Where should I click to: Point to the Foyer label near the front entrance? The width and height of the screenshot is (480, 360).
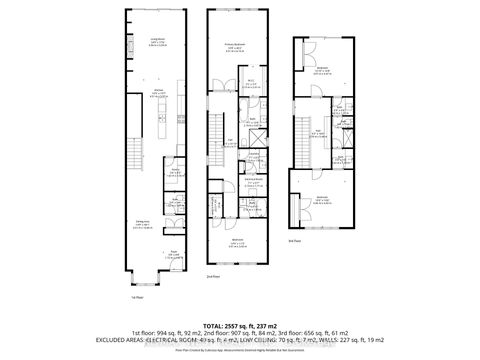pyautogui.click(x=172, y=251)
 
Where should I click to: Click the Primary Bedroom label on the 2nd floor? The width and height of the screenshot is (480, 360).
pyautogui.click(x=234, y=45)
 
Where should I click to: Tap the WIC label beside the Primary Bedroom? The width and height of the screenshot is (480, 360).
pyautogui.click(x=254, y=83)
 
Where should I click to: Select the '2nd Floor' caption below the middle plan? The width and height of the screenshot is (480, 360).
pyautogui.click(x=212, y=276)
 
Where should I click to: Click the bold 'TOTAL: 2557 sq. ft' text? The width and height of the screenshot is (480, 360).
pyautogui.click(x=239, y=325)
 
